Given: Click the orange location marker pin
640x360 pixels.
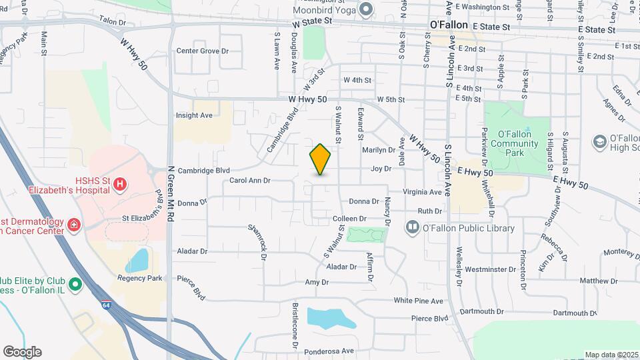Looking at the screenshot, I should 320,159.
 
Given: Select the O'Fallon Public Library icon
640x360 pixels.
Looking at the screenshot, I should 413,228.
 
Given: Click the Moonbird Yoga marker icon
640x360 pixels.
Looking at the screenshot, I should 365,9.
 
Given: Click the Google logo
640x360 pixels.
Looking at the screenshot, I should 22,351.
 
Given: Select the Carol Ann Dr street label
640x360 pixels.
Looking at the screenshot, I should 250,180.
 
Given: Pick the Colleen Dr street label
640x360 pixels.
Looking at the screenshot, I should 350,219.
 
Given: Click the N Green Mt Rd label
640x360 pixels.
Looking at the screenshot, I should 171,194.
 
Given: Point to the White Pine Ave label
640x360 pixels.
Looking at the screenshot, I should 418,301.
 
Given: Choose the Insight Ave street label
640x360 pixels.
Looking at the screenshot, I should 194,115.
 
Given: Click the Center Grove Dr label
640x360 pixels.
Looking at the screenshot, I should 202,51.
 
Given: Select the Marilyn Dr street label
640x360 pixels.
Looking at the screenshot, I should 379,149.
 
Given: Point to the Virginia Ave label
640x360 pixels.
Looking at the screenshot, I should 422,192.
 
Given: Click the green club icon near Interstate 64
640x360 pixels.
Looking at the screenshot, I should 75,285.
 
